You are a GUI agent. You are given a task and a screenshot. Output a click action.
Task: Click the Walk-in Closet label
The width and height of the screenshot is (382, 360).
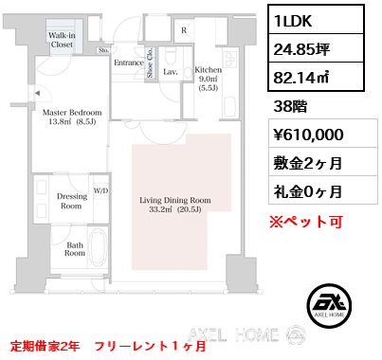pos(62,40)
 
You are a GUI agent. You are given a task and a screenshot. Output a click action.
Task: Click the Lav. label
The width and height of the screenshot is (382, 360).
pos(171,72)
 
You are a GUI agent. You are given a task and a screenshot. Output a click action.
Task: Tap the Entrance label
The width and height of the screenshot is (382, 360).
pos(129,63)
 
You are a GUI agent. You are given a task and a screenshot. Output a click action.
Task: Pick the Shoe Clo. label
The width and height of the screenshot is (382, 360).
pos(150,63)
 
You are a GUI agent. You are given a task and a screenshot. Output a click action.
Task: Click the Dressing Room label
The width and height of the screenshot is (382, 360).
pos(72,201)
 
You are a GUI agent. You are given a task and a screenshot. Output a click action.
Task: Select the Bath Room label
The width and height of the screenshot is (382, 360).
pos(75,249)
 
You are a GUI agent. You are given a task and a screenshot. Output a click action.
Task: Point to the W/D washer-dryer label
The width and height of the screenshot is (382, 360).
pos(100,190)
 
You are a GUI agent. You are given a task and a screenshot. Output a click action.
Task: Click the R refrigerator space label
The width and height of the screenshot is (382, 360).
pos(184,30)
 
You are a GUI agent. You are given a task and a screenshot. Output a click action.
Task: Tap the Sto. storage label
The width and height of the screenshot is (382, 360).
pos(103,50)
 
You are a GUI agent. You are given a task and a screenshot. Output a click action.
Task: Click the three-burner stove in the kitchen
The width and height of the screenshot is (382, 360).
pos(229,58)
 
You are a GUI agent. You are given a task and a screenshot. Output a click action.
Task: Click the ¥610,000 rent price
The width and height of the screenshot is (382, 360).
pos(308,135)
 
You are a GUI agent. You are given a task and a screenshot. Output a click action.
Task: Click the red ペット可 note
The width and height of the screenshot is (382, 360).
pos(306,222)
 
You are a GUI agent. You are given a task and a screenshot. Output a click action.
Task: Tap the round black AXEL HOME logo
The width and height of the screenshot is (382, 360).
pos(329,305)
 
